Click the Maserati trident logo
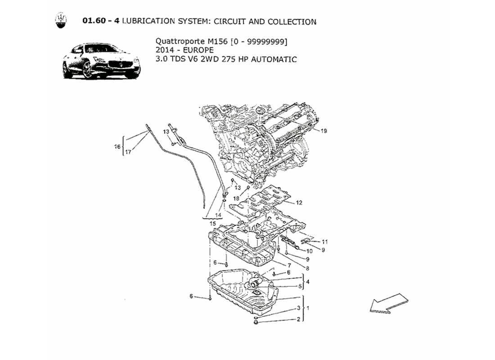60,21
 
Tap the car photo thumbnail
101,61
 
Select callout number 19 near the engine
324,131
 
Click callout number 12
299,202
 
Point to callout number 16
117,147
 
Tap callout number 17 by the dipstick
128,152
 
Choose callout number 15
212,224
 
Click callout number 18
236,198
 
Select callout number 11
325,242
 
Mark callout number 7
289,265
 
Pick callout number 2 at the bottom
298,319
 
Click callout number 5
300,286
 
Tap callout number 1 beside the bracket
309,308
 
